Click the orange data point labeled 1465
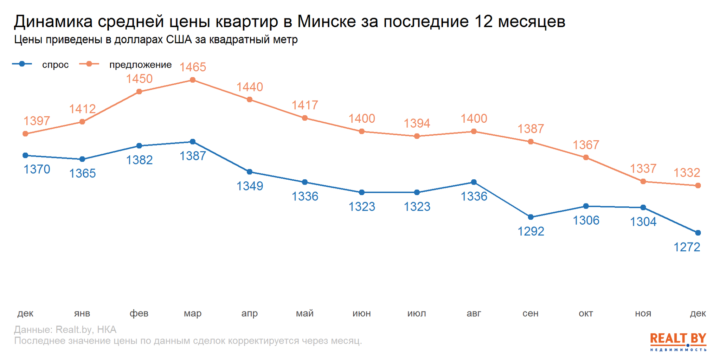(x=193, y=80)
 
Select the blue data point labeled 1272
(x=698, y=233)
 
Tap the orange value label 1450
(x=139, y=79)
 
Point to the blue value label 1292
(x=531, y=231)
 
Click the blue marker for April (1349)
(x=250, y=172)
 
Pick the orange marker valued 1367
(x=586, y=157)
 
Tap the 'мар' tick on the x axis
(x=193, y=313)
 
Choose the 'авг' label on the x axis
(x=474, y=313)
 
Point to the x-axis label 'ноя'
(x=643, y=313)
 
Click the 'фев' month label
(x=139, y=313)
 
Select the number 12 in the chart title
(x=483, y=22)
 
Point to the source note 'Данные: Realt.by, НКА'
(x=65, y=329)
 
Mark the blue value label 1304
(x=643, y=222)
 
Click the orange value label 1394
(x=417, y=123)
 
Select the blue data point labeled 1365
(x=82, y=159)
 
